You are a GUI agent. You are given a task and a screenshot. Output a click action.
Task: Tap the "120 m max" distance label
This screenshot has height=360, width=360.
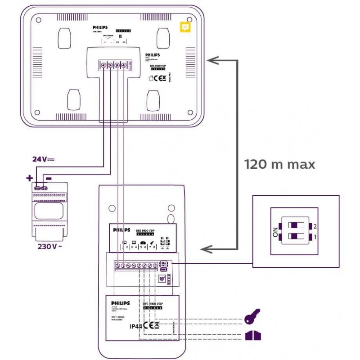[279, 164]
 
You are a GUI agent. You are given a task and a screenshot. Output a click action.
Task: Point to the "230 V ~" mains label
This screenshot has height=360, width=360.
[49, 246]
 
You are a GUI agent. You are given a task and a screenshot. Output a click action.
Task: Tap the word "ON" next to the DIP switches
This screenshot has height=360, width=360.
[275, 232]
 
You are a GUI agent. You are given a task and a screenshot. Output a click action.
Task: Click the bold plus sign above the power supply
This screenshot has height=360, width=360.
[30, 178]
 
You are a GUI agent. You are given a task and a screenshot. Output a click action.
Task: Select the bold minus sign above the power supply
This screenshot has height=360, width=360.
[49, 178]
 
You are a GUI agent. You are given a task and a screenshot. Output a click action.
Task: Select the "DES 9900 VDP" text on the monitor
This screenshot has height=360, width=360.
[161, 65]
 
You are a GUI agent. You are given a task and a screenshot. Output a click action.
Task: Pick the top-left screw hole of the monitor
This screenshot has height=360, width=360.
[38, 20]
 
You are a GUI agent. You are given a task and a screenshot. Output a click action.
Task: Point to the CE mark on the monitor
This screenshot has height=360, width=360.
[159, 77]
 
